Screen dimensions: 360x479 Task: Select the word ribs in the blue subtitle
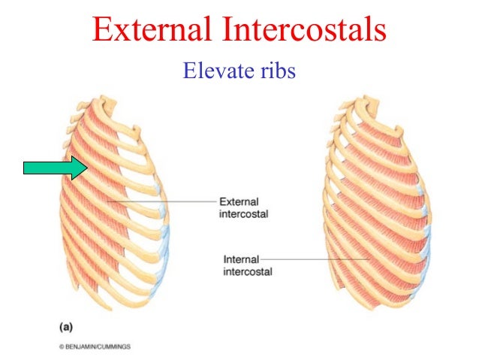click(279, 71)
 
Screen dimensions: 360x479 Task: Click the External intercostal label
click(243, 207)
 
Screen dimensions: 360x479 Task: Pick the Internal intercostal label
click(247, 265)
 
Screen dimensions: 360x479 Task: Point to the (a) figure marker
click(66, 328)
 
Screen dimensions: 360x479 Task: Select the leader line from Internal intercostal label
click(323, 260)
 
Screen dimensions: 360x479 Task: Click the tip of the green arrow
click(87, 167)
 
